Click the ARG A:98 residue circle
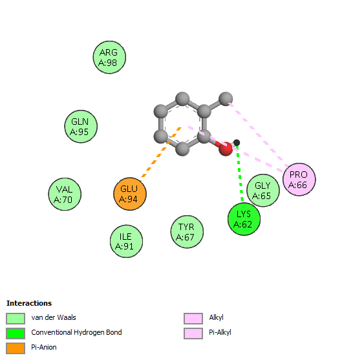109,58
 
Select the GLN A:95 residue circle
81,127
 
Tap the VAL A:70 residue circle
65,195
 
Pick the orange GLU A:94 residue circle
130,194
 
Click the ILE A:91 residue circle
126,241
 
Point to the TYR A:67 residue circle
187,231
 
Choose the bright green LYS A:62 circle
244,219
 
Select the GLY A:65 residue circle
263,190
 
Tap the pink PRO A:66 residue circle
299,180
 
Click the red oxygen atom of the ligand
226,149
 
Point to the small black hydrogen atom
237,143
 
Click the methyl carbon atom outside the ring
226,99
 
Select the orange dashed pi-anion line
160,154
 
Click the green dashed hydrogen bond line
240,173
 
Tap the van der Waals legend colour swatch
16,319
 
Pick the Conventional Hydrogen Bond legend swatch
16,334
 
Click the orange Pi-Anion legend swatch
16,348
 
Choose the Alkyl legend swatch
193,319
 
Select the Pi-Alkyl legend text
220,333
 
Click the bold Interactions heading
29,303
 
